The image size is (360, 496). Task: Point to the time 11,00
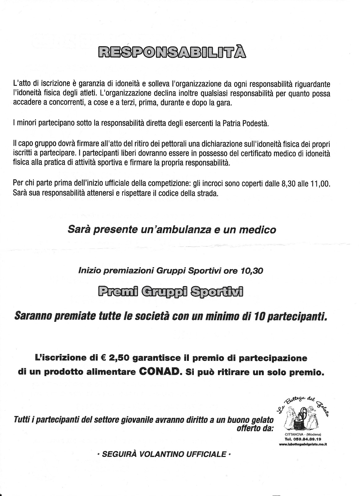point(320,184)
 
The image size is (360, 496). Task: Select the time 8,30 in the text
point(289,184)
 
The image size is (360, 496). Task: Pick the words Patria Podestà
point(246,123)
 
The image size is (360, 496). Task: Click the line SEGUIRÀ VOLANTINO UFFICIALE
point(164,454)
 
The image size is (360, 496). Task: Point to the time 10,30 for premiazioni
point(252,271)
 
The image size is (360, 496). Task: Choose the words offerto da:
point(255,429)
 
